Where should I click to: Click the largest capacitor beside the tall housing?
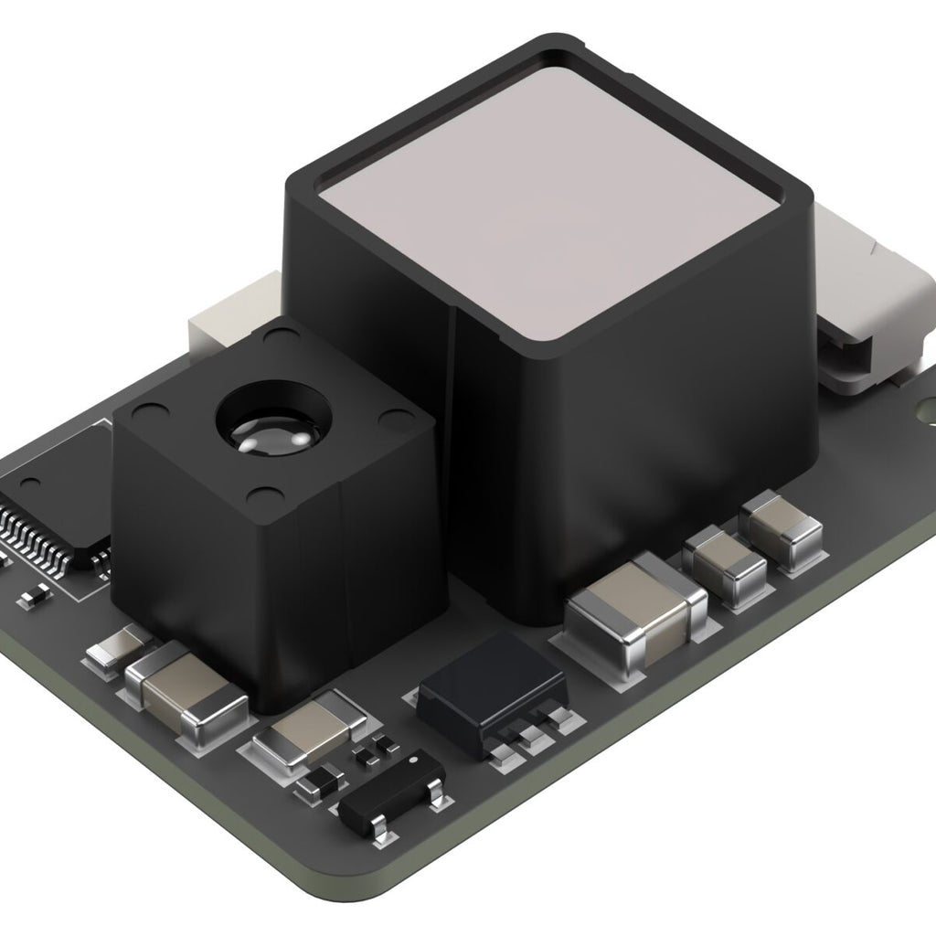point(637,610)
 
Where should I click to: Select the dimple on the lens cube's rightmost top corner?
point(396,419)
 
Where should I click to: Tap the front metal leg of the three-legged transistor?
point(383,827)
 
